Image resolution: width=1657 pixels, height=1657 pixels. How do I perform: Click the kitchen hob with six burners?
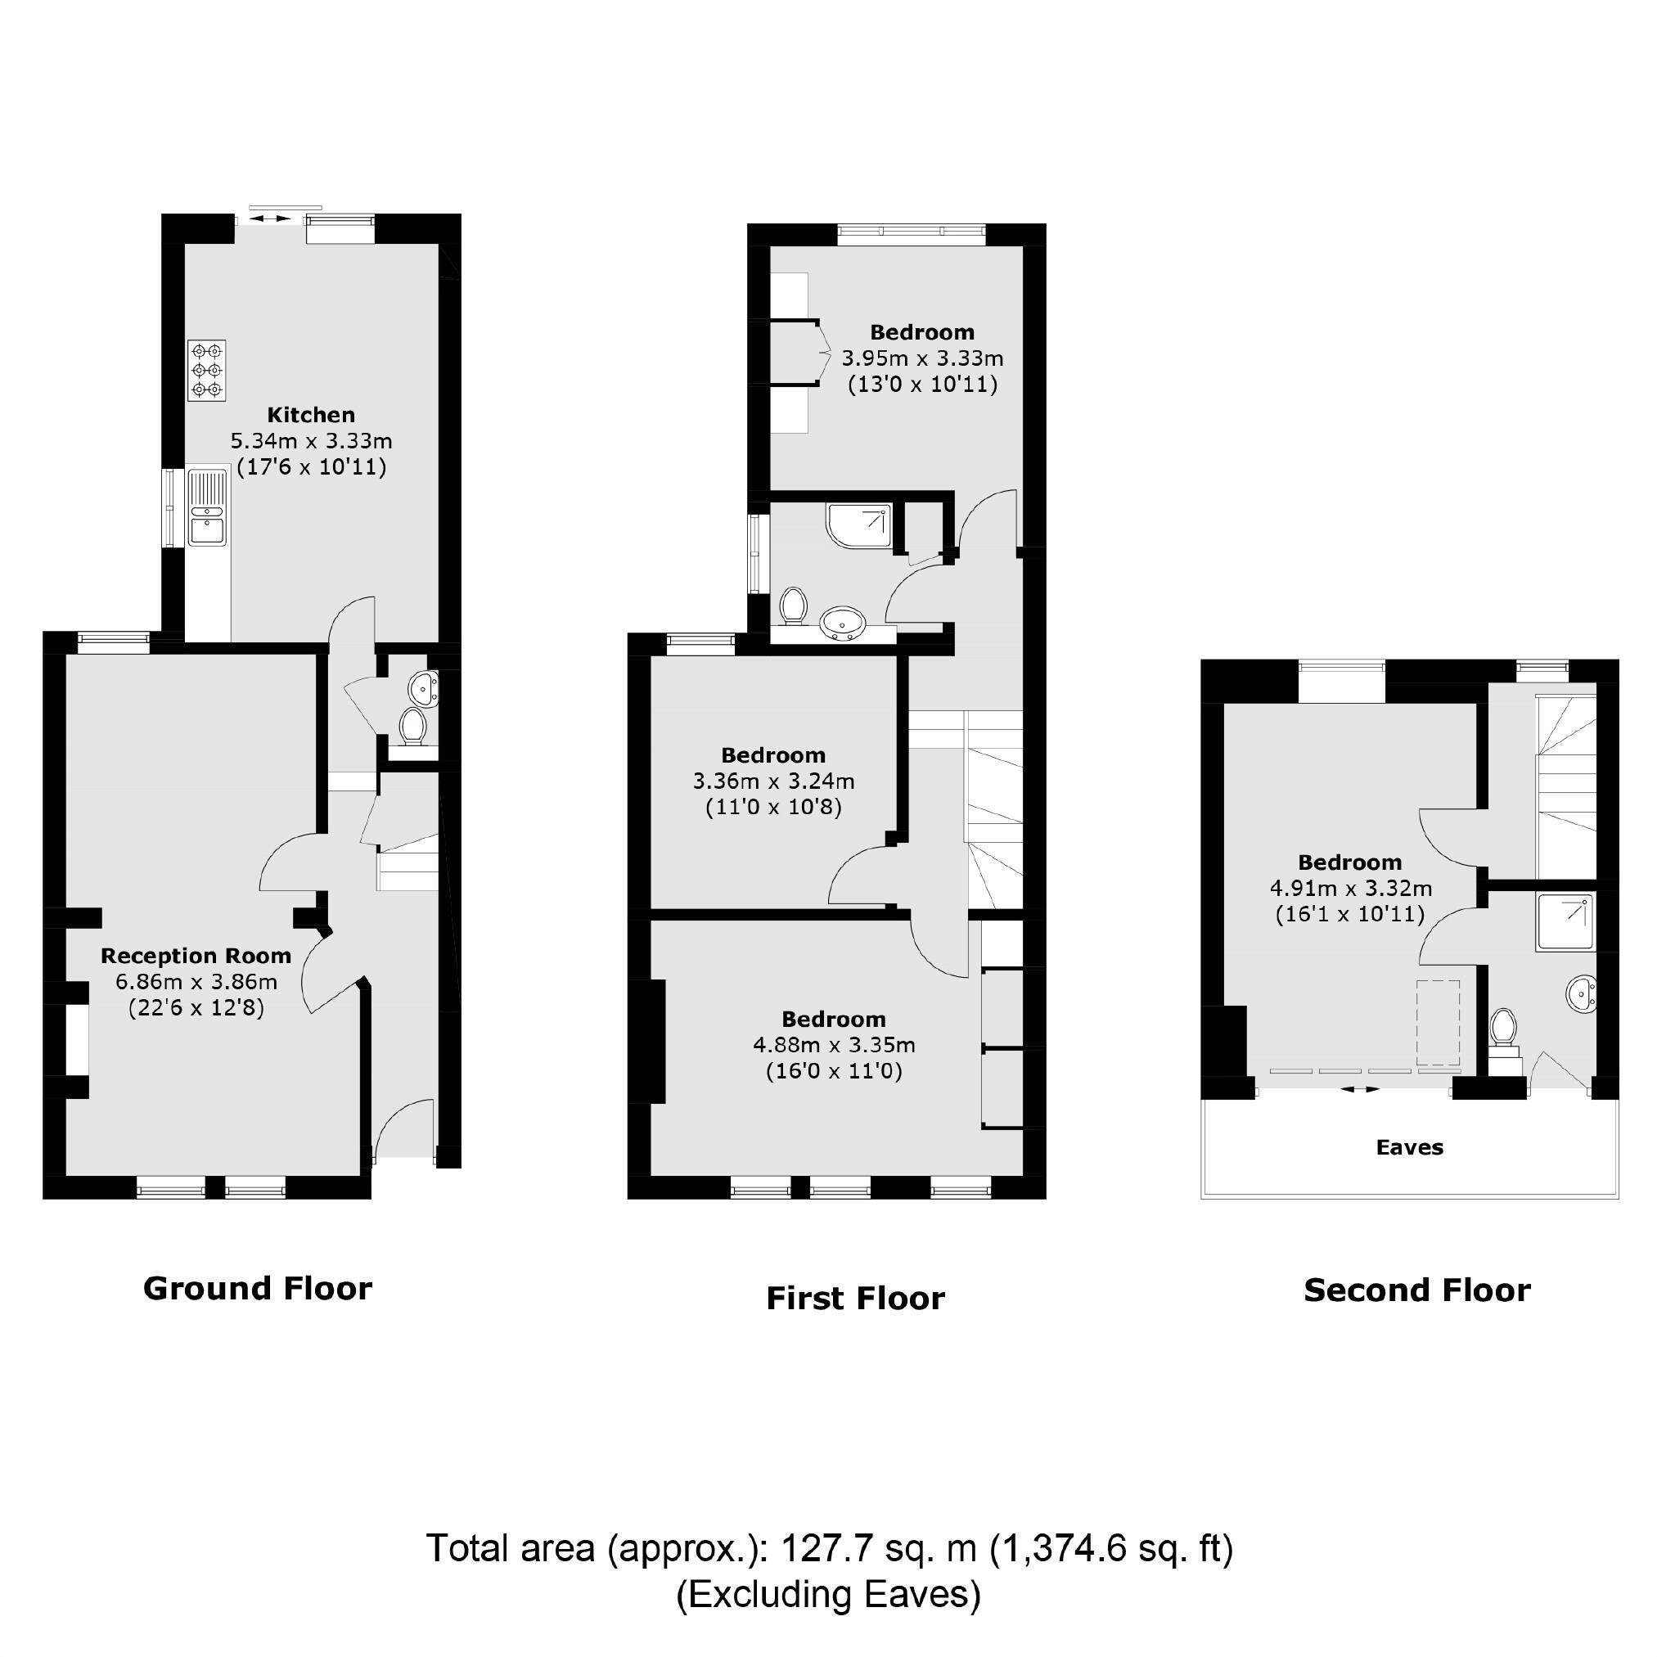207,370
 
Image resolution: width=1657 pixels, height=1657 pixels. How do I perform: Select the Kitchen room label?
310,415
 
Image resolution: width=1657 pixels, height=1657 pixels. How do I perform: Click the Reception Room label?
196,956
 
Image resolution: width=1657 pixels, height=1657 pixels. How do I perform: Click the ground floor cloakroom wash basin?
423,687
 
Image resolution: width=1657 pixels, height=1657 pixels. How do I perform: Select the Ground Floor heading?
257,1288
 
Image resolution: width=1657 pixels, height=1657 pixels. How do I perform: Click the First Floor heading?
855,1299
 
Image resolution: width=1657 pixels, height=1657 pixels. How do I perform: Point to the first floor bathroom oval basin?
842,623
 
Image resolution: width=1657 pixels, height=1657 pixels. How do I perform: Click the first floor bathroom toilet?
794,606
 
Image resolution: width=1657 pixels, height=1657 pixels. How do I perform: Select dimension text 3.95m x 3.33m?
922,358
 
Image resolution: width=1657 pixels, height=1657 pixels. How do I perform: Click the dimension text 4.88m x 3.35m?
834,1045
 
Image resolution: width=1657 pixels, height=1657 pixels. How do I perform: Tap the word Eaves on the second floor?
1409,1147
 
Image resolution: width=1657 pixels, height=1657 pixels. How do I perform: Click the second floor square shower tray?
1565,921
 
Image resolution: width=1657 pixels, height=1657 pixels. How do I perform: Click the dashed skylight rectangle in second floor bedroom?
1438,1022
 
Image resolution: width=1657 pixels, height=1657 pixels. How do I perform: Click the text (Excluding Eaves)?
827,1594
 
